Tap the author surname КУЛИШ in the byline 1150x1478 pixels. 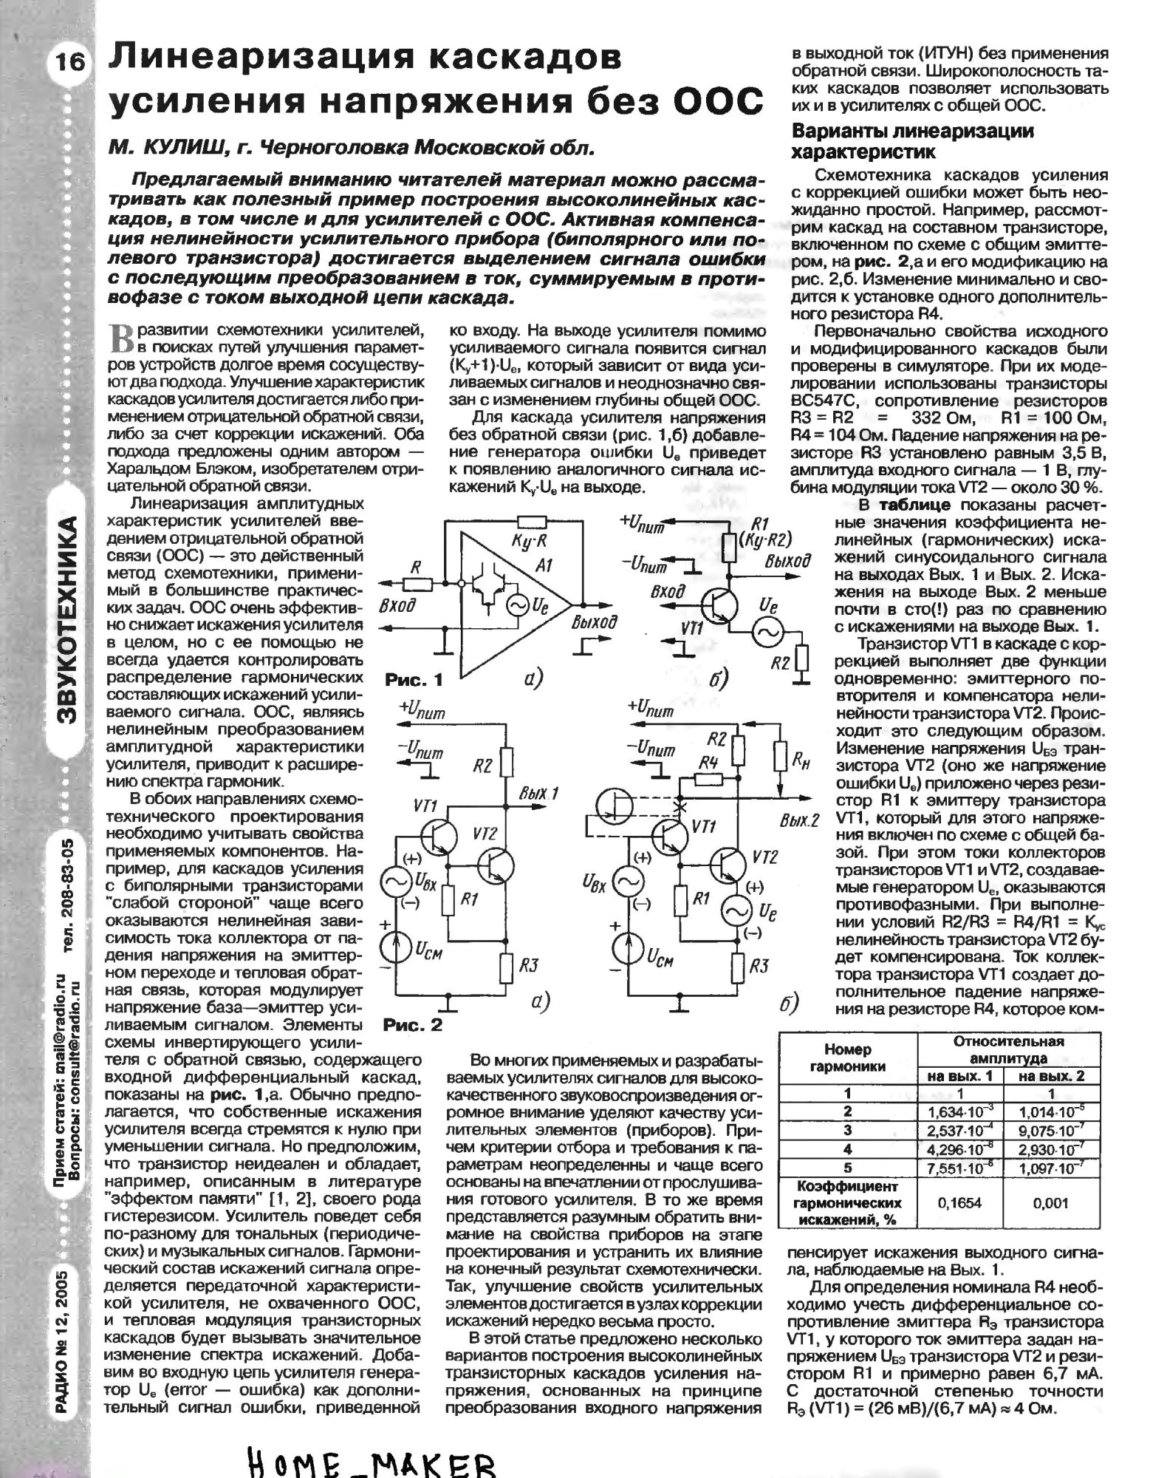click(x=187, y=148)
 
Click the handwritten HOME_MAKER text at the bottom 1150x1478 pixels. click(x=370, y=1459)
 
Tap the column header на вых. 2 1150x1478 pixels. click(x=1051, y=1076)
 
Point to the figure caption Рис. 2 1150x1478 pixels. click(x=413, y=1025)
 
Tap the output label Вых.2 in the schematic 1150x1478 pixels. click(x=800, y=822)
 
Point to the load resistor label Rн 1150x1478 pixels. click(x=799, y=765)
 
